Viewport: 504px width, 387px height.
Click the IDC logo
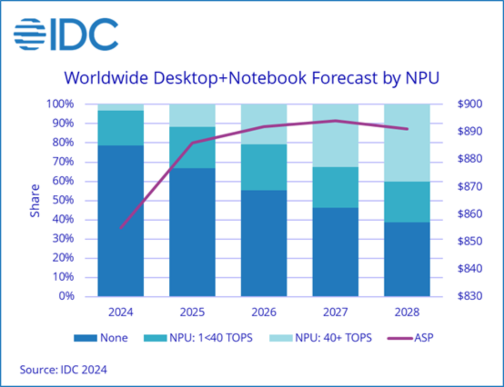coord(66,34)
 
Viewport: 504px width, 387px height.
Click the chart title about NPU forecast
coord(252,77)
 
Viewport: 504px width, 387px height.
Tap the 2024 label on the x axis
coord(121,313)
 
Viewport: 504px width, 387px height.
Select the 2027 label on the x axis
coord(335,313)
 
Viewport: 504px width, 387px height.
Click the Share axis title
coord(35,200)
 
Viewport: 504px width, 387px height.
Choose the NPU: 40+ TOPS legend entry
coord(321,338)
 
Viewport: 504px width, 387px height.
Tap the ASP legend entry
coord(409,338)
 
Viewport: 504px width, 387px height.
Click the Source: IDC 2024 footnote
coord(63,370)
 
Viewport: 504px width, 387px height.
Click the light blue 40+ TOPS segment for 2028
coord(407,143)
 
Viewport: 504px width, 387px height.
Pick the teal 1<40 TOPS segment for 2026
coord(264,167)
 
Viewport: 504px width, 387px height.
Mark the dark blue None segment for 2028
coord(407,259)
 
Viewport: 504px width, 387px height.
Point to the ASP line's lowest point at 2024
coord(121,228)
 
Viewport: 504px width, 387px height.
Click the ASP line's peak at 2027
coord(335,120)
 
